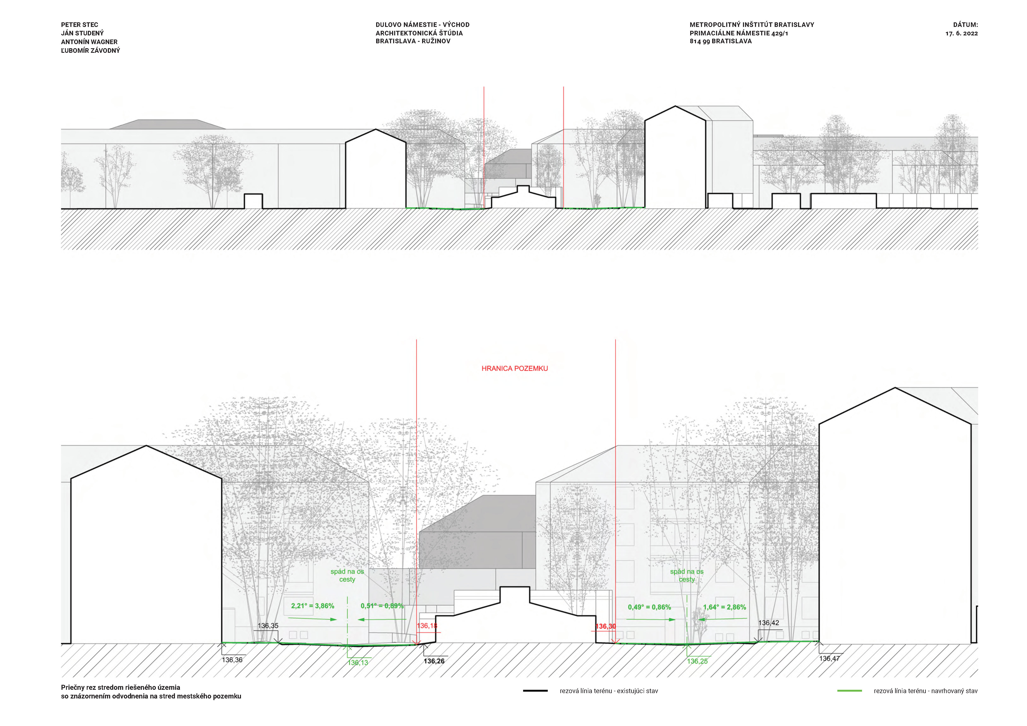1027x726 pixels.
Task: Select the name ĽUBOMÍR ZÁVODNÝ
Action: click(x=91, y=50)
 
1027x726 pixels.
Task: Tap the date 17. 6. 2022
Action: click(x=962, y=34)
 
